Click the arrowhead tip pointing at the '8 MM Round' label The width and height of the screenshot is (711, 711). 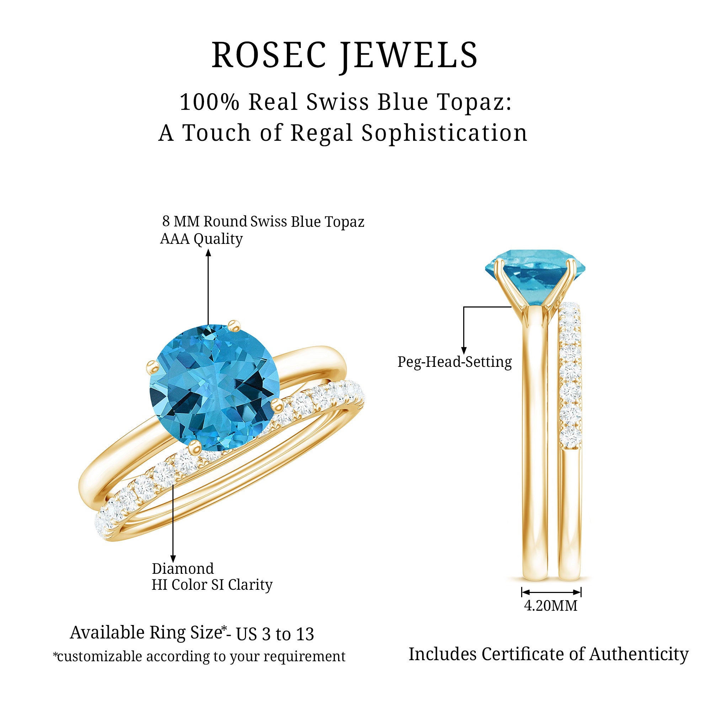[208, 249]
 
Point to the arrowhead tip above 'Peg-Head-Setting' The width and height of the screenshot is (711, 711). [464, 354]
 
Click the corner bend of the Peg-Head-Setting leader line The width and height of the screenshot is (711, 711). [464, 307]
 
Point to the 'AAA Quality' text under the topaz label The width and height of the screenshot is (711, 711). [201, 239]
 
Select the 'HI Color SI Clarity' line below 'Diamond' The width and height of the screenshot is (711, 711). [212, 585]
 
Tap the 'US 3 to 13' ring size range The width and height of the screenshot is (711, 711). [275, 634]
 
